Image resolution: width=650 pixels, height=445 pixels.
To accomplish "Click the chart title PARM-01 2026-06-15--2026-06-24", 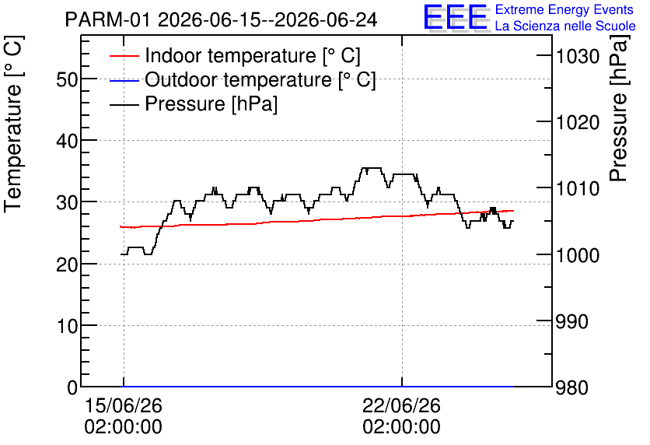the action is point(221,19).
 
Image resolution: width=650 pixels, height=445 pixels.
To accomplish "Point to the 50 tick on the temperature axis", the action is point(67,79).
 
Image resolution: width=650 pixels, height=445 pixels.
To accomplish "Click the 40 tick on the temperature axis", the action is point(67,141).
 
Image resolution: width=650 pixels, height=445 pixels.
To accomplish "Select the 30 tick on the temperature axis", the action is point(67,202).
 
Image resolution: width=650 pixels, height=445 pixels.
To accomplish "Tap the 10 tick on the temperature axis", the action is point(67,326).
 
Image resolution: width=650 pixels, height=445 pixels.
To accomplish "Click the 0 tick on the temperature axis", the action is point(72,387).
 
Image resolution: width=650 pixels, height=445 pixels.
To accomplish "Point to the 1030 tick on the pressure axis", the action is point(578,56).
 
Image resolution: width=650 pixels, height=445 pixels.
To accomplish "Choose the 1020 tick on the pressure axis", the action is point(578,123).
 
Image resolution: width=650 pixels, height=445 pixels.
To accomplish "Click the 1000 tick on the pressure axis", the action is point(578,255).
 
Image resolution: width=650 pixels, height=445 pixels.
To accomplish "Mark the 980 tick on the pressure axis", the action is point(571,388).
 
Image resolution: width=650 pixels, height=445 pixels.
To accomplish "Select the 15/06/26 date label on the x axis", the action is point(123,405).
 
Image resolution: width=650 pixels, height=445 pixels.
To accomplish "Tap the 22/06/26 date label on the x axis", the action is point(401,405).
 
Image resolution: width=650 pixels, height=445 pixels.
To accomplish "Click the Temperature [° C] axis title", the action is point(13,124).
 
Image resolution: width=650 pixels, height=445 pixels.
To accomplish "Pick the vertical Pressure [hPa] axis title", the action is point(620,108).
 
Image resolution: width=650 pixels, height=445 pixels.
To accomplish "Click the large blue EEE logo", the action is point(456,16).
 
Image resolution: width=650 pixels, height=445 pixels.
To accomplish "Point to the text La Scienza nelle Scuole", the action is point(565,26).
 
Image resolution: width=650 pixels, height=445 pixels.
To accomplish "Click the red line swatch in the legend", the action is point(124,56).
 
